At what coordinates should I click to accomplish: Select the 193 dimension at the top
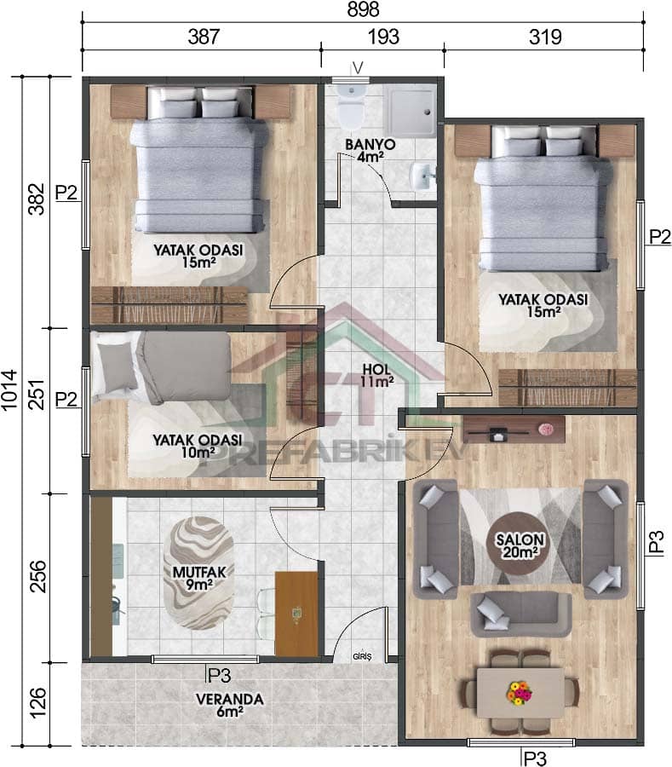click(x=382, y=37)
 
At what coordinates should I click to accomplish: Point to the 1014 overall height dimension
click(x=10, y=403)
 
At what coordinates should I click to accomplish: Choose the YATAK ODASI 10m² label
click(x=197, y=446)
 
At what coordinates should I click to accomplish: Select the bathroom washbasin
click(x=422, y=176)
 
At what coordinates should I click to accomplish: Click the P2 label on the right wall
click(x=659, y=237)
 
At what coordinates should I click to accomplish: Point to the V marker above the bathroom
click(x=358, y=67)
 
